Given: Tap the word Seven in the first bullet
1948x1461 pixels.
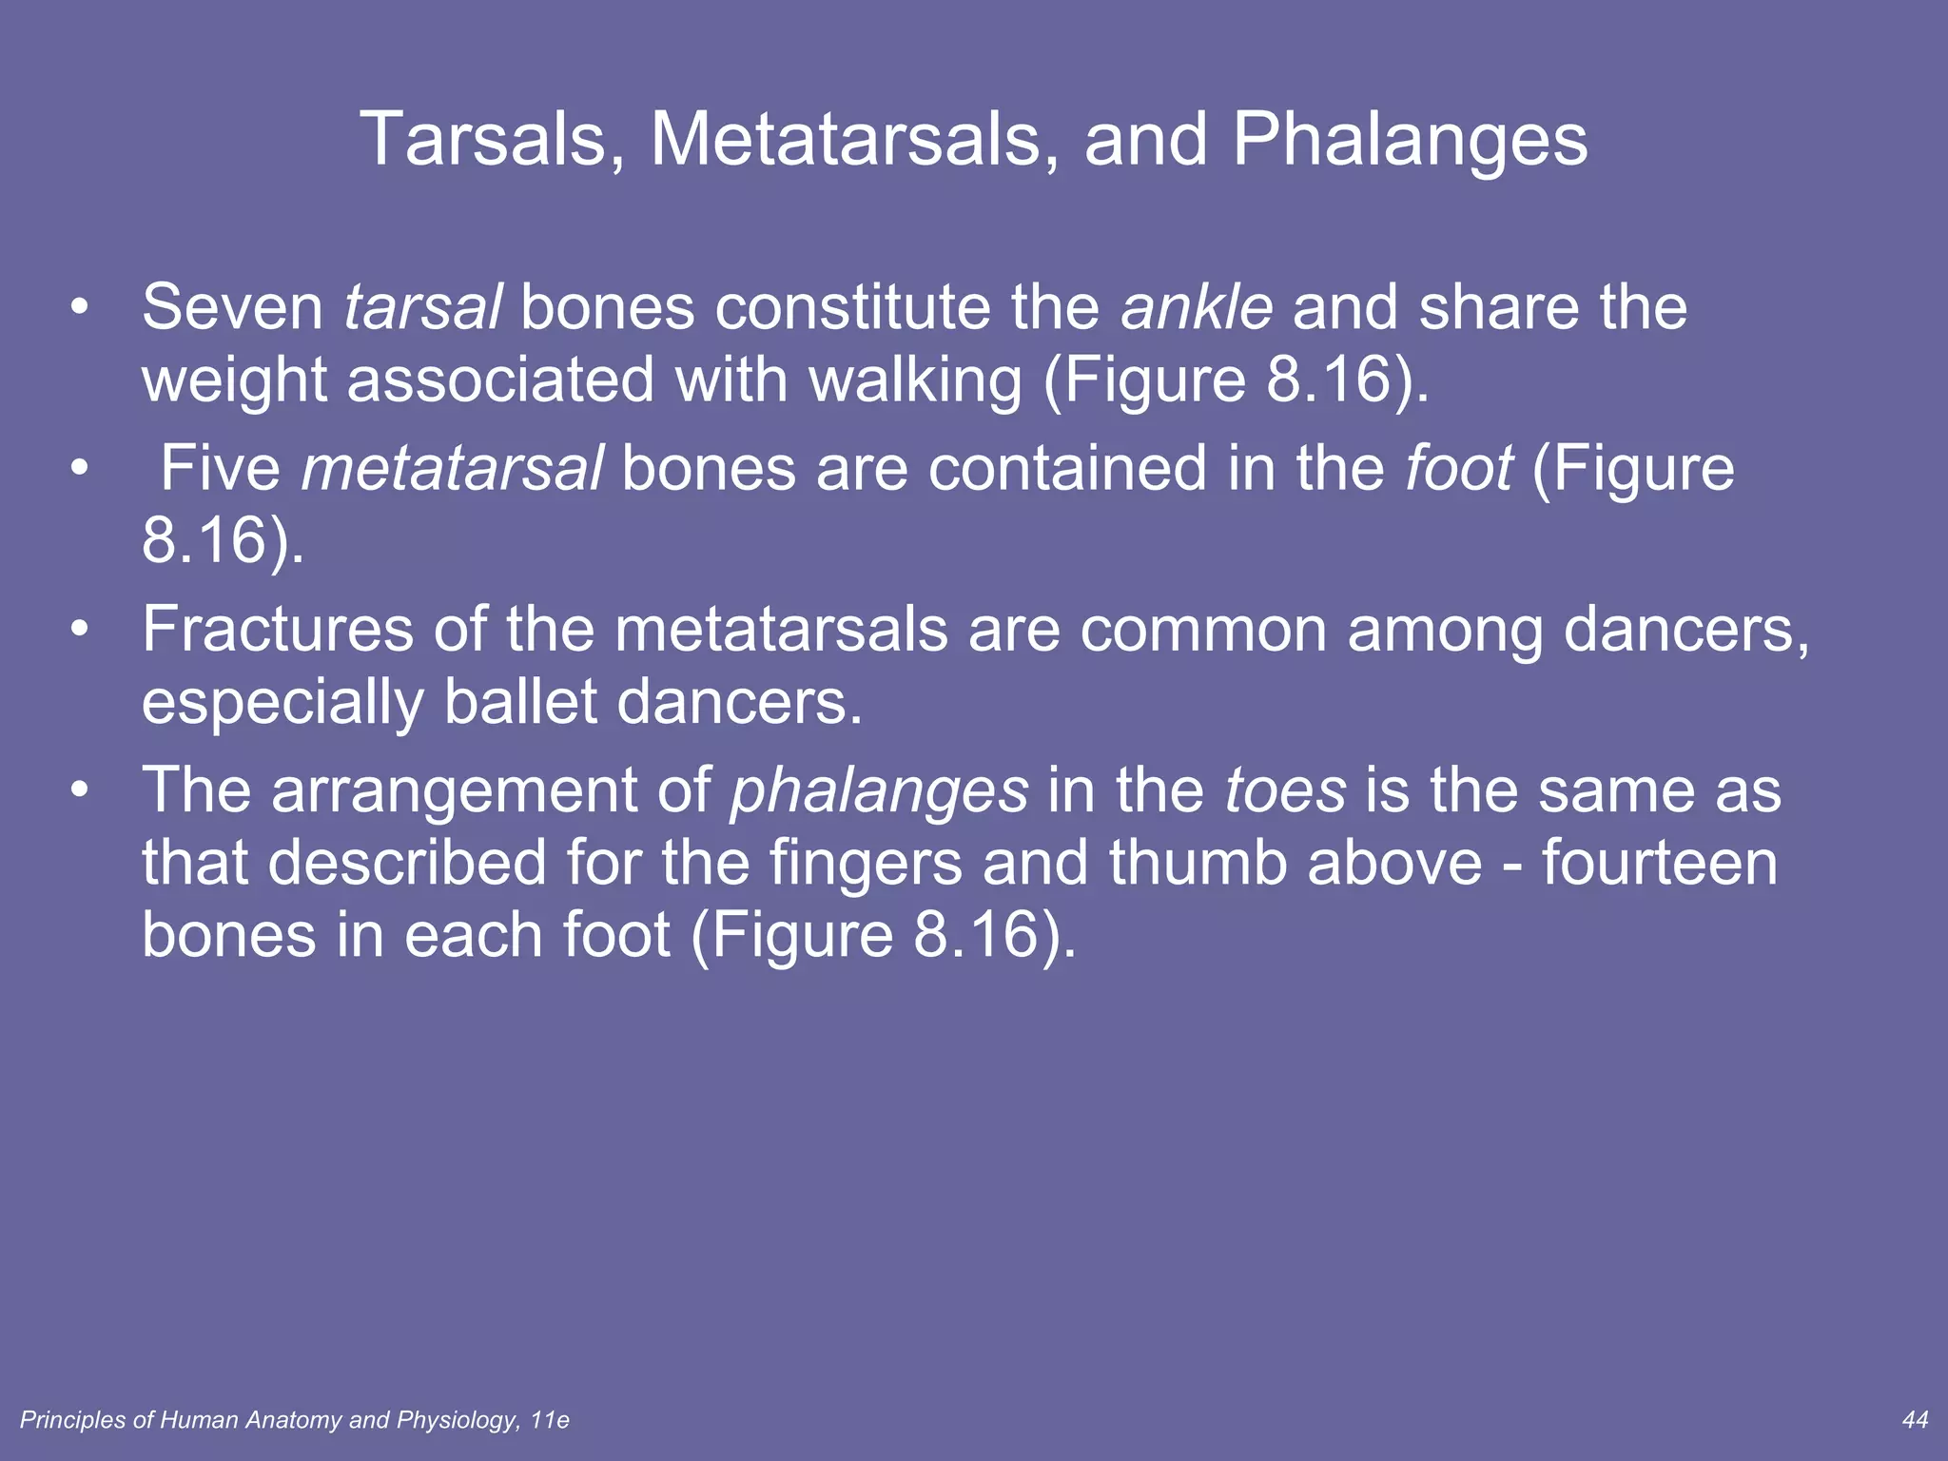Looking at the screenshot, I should (x=233, y=308).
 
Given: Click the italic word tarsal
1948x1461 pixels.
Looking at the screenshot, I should (x=422, y=308).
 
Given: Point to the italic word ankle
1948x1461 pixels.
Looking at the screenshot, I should (x=1197, y=308).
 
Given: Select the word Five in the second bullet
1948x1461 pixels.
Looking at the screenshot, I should (x=220, y=469).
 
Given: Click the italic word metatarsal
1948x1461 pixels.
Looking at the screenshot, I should (x=452, y=469).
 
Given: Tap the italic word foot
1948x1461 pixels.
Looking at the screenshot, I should (x=1458, y=469).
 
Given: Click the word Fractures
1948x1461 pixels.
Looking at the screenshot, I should (x=277, y=630).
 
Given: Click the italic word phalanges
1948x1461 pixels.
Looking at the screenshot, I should (x=879, y=792).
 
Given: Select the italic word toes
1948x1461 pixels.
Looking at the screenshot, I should (x=1285, y=790).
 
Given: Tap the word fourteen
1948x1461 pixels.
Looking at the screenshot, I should (x=1659, y=863).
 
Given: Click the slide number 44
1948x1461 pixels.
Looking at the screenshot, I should (x=1915, y=1420).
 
